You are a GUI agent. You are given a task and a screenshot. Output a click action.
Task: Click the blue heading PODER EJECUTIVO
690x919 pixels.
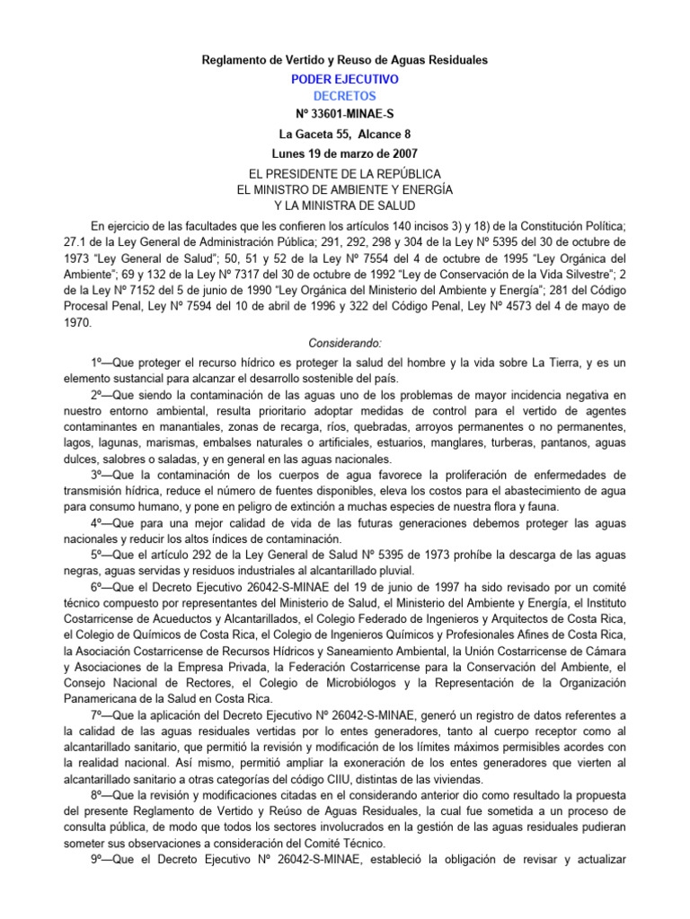(345, 79)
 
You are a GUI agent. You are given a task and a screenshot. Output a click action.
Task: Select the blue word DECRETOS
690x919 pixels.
(345, 96)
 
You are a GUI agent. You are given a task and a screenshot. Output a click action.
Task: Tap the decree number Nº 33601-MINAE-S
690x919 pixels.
(345, 116)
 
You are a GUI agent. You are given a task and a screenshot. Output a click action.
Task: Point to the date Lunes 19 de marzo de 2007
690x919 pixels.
(345, 153)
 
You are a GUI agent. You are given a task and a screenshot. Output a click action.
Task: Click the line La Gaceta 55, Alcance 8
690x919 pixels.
(345, 135)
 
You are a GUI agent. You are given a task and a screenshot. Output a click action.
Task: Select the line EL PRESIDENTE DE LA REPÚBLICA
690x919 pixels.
(345, 173)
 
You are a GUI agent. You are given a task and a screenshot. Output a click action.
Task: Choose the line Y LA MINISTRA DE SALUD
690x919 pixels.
(345, 206)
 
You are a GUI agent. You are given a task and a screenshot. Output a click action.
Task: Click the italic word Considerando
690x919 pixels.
(345, 343)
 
